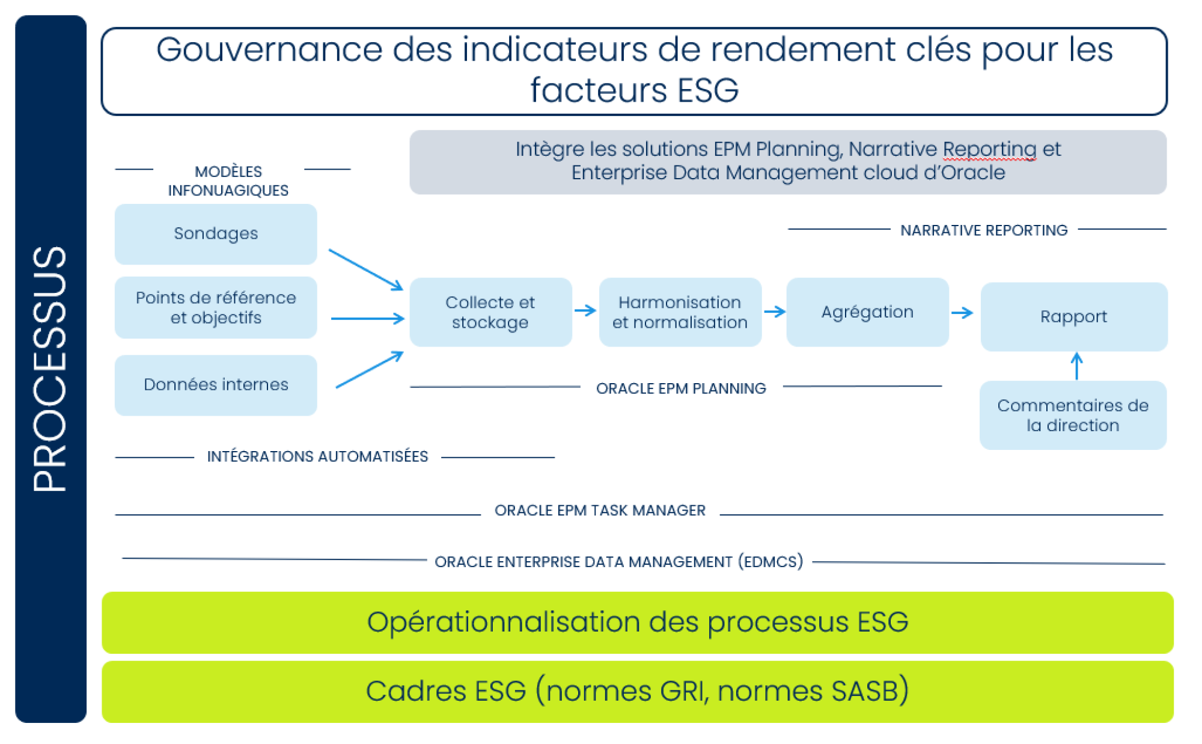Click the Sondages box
tap(216, 234)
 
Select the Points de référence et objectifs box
tap(216, 307)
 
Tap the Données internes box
tap(216, 385)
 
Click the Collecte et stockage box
tap(490, 312)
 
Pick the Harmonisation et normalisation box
tap(680, 312)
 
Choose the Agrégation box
tap(867, 312)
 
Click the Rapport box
tap(1074, 317)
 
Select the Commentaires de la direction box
tap(1073, 415)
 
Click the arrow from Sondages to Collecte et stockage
tap(366, 270)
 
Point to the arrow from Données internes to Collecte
tap(370, 369)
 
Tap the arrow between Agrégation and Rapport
tap(962, 313)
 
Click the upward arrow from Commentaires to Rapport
tap(1077, 366)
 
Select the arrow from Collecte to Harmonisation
tap(585, 311)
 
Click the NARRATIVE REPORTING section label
tap(984, 230)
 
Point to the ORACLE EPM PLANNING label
tap(681, 389)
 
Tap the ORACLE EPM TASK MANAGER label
tap(600, 511)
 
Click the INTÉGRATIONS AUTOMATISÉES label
tap(317, 457)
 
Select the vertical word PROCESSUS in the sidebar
tap(50, 369)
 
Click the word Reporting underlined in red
tap(989, 149)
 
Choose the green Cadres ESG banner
tap(638, 692)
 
